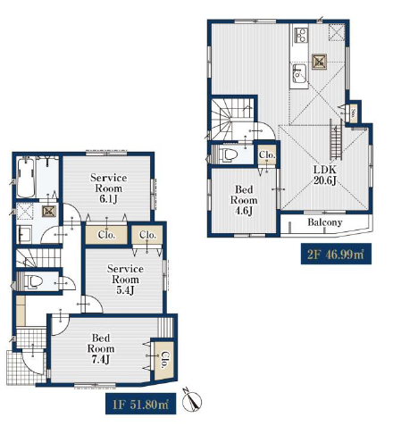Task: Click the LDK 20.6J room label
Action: [325, 175]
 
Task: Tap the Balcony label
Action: [325, 222]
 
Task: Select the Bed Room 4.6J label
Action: [244, 200]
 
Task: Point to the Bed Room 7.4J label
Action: [101, 348]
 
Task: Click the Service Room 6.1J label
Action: [108, 188]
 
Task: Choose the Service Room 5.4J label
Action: [125, 280]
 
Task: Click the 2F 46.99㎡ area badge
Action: [336, 255]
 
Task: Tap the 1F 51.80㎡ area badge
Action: [140, 404]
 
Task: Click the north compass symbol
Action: [191, 401]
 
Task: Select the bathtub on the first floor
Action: [25, 178]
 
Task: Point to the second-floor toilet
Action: [228, 155]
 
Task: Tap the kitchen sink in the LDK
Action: [299, 74]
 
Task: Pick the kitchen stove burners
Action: [301, 35]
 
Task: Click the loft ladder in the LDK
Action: [336, 139]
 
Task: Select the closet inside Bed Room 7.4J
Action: [163, 360]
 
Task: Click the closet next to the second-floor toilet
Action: [266, 155]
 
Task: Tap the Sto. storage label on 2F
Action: [353, 113]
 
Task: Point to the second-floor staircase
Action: [233, 119]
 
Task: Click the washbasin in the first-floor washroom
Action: [25, 234]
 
